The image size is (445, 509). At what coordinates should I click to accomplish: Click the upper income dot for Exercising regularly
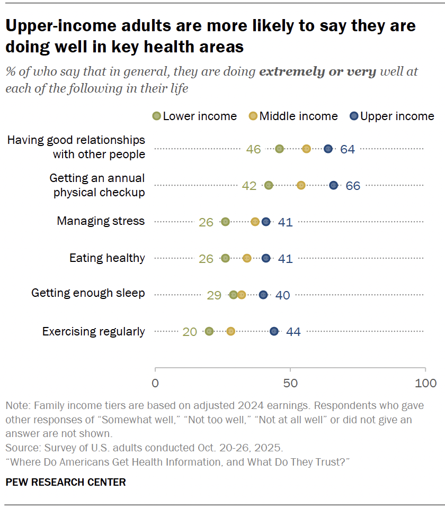click(x=274, y=331)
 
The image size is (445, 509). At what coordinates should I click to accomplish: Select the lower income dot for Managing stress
click(x=226, y=222)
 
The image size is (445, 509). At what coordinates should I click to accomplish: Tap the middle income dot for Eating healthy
click(x=247, y=258)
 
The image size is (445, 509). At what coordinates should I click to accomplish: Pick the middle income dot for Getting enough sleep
click(x=242, y=295)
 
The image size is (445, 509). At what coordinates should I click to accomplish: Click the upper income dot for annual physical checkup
click(x=333, y=185)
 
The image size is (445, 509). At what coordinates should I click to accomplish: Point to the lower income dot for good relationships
click(x=279, y=149)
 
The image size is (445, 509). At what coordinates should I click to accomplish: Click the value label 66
click(x=353, y=186)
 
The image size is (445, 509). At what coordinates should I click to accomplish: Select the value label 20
click(x=190, y=332)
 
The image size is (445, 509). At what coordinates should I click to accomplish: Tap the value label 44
click(x=293, y=332)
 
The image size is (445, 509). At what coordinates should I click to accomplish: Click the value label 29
click(x=214, y=295)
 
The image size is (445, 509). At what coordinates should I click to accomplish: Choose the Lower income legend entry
click(x=194, y=116)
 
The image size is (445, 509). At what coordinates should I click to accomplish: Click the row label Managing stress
click(x=101, y=221)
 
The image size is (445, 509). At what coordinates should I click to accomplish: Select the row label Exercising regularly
click(x=93, y=332)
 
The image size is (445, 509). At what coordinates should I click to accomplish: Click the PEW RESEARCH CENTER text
click(x=66, y=482)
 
